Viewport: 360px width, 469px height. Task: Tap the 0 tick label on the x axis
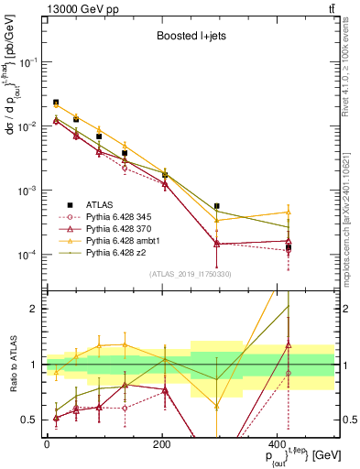tap(47, 443)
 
